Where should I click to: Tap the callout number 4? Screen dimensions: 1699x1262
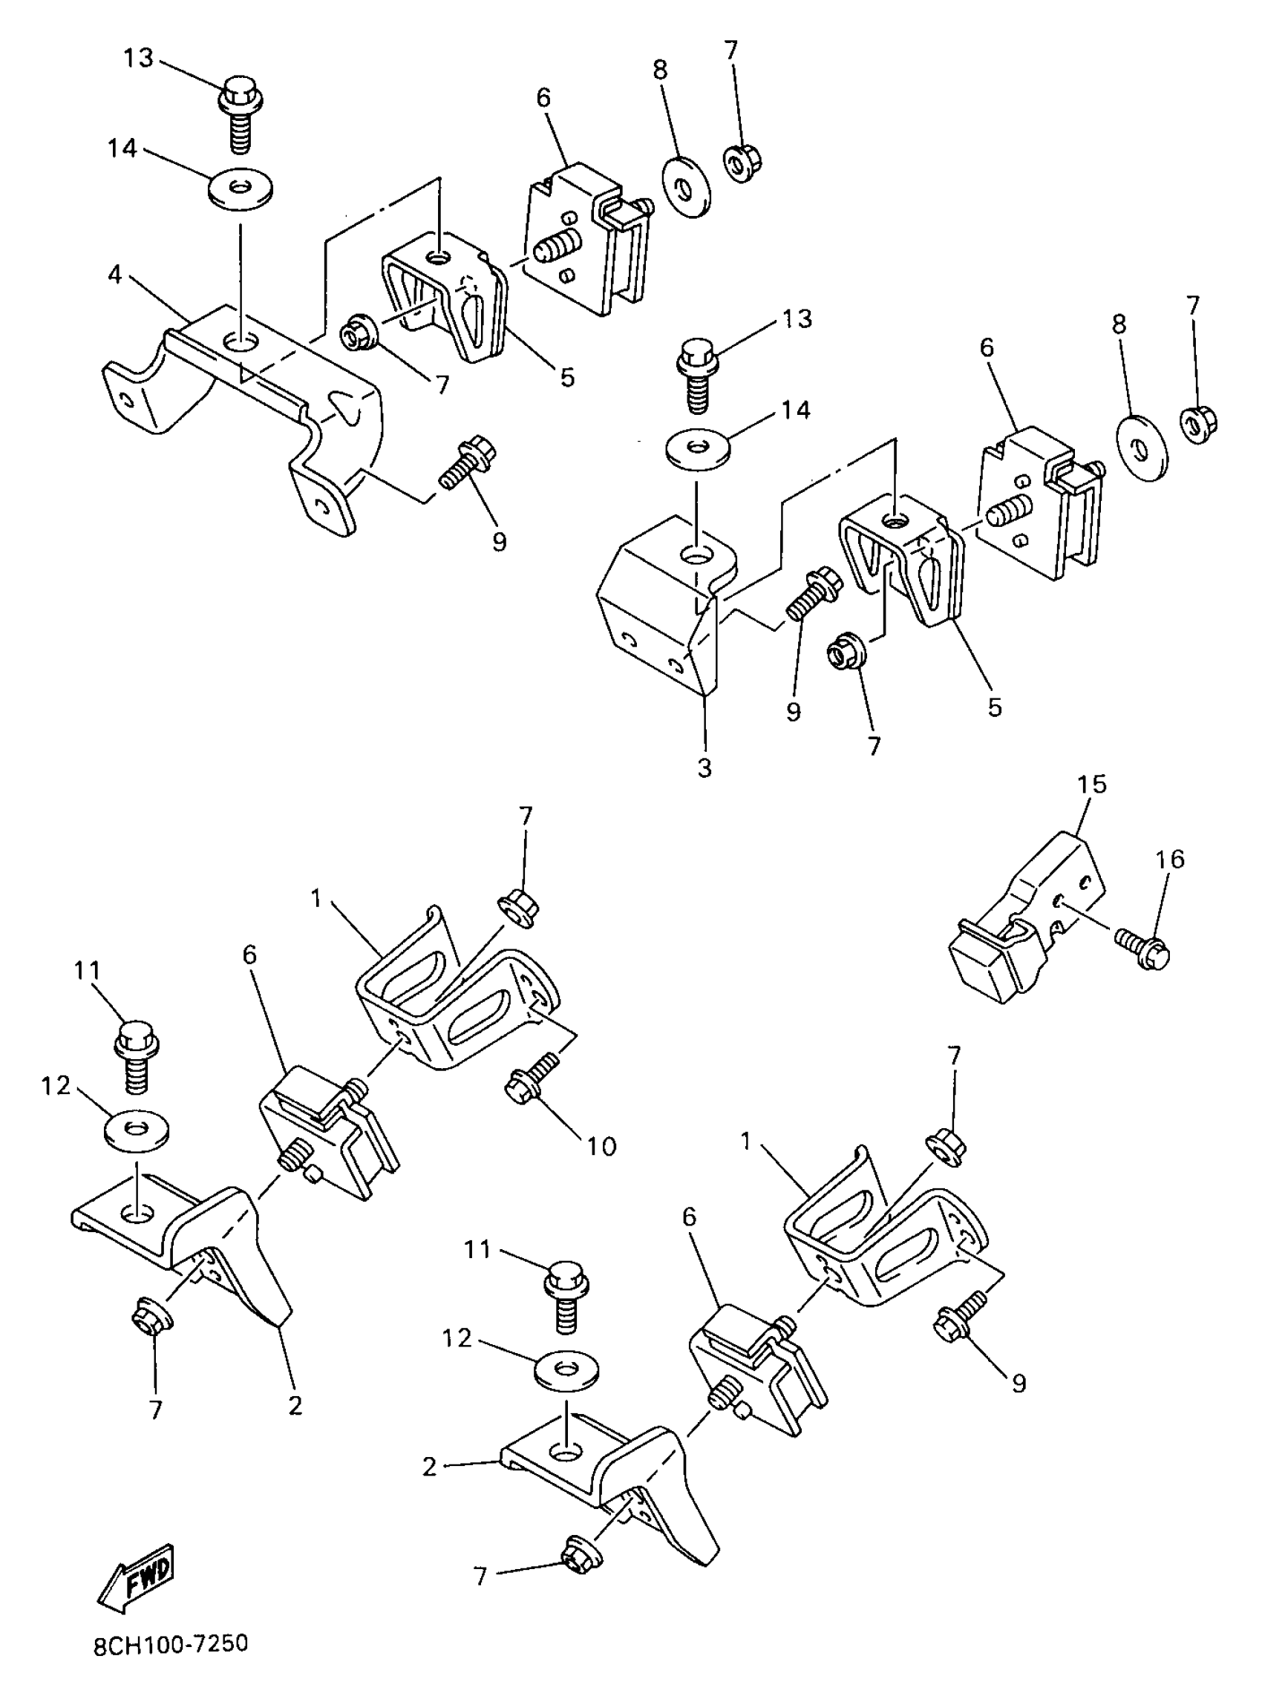(114, 275)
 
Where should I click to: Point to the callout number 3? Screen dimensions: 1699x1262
(704, 768)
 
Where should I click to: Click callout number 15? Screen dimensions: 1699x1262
(1092, 785)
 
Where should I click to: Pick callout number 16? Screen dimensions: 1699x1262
(1171, 860)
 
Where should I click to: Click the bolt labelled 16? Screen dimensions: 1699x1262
(1142, 948)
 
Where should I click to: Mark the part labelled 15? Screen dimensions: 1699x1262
(1024, 917)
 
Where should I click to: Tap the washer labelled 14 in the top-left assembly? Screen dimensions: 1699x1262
(242, 189)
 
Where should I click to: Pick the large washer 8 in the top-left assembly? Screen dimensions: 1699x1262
(684, 186)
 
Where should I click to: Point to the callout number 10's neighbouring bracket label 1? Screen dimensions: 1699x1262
(316, 899)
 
